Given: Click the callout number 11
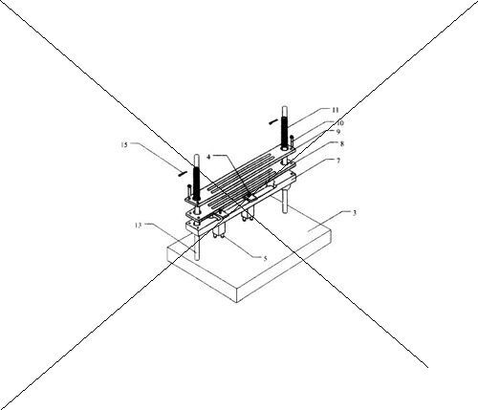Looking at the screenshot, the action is [335, 110].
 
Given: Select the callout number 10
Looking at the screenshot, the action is [339, 122].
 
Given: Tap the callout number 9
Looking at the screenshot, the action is [338, 131].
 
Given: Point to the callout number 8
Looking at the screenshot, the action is [342, 143].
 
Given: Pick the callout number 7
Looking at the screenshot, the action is [338, 161].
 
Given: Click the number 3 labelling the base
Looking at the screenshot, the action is [355, 213].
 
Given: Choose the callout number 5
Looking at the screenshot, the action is [265, 258].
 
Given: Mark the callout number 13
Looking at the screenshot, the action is [138, 226].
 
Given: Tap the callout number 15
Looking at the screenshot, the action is [124, 144].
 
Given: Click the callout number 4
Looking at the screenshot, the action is [208, 157].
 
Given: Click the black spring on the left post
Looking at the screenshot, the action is [196, 183].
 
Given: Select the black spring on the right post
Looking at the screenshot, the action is [284, 132].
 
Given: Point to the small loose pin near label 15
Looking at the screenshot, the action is [182, 173].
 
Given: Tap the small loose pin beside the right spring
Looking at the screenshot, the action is [272, 121].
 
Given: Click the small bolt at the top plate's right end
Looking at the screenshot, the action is [292, 141].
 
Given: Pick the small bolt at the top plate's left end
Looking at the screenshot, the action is [189, 192].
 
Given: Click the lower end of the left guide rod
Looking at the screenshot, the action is [198, 260].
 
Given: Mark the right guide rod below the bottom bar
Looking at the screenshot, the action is [285, 200].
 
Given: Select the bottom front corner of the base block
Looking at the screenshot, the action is [236, 302].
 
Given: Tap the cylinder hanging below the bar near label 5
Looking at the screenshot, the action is [220, 230].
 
